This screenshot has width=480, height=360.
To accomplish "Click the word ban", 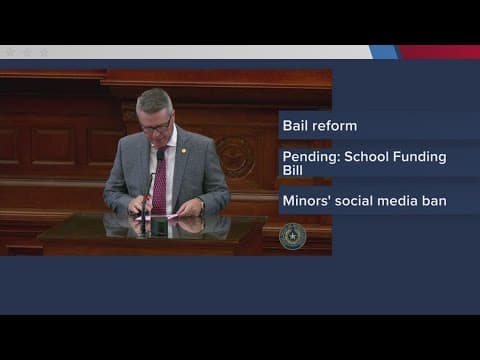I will (437, 201).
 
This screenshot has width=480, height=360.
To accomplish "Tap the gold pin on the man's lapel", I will (182, 151).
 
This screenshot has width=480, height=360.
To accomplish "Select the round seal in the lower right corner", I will (292, 236).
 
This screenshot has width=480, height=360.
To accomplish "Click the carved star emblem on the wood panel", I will (237, 157).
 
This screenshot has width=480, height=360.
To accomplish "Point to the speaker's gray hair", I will (155, 100).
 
